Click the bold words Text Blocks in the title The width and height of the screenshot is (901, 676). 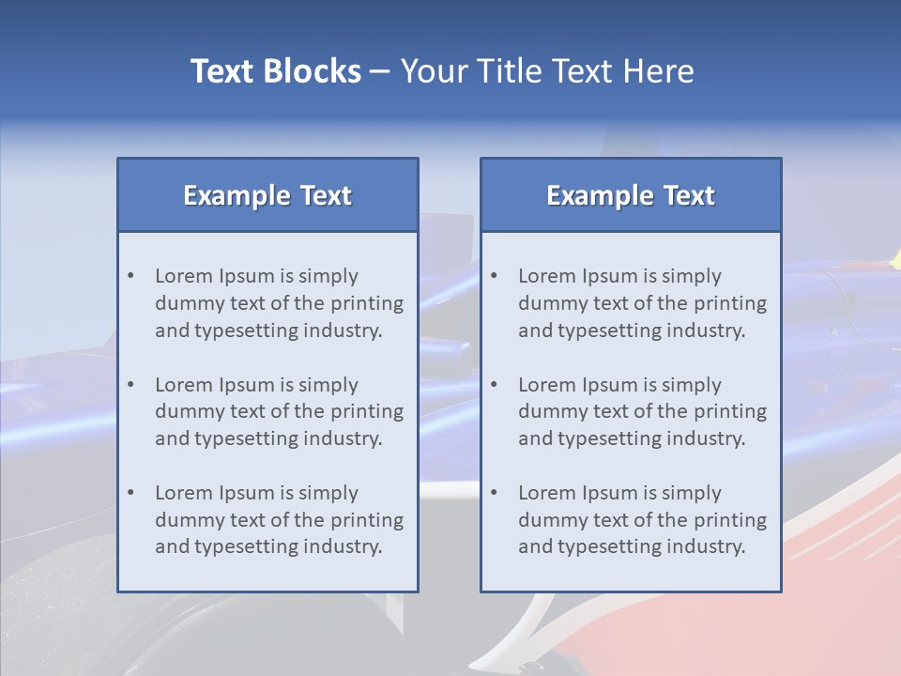pos(275,71)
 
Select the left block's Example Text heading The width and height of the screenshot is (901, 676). pos(267,195)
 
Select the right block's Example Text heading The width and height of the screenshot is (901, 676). pos(631,195)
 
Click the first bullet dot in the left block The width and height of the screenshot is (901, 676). pos(131,276)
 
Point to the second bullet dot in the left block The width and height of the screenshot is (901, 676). pos(131,385)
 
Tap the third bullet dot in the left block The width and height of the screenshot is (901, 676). pos(131,493)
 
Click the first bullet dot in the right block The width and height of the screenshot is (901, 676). pos(495,276)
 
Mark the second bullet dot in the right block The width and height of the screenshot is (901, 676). pos(495,385)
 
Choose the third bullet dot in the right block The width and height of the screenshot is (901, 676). pos(495,493)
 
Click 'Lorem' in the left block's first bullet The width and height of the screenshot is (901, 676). pos(184,276)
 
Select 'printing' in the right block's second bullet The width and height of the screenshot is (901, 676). pos(729,411)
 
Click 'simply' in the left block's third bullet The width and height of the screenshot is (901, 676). pos(329,493)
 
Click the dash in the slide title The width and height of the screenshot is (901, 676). pos(380,71)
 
